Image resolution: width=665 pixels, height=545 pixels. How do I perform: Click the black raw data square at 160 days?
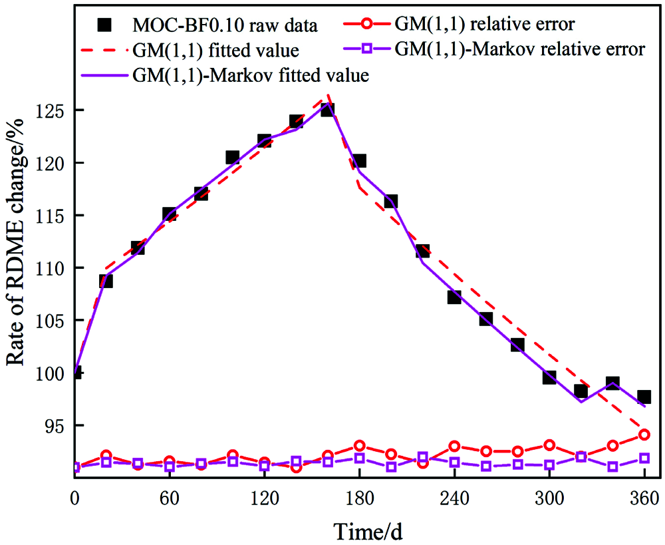328,109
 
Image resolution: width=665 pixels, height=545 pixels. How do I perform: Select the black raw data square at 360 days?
644,397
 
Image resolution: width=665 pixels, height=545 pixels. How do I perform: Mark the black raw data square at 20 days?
106,281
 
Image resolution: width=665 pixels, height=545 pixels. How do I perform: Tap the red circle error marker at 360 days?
644,435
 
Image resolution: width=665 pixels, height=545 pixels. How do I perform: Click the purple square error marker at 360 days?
644,458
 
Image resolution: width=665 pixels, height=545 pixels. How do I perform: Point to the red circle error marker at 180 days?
359,445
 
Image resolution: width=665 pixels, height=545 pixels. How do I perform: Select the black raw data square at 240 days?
454,297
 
